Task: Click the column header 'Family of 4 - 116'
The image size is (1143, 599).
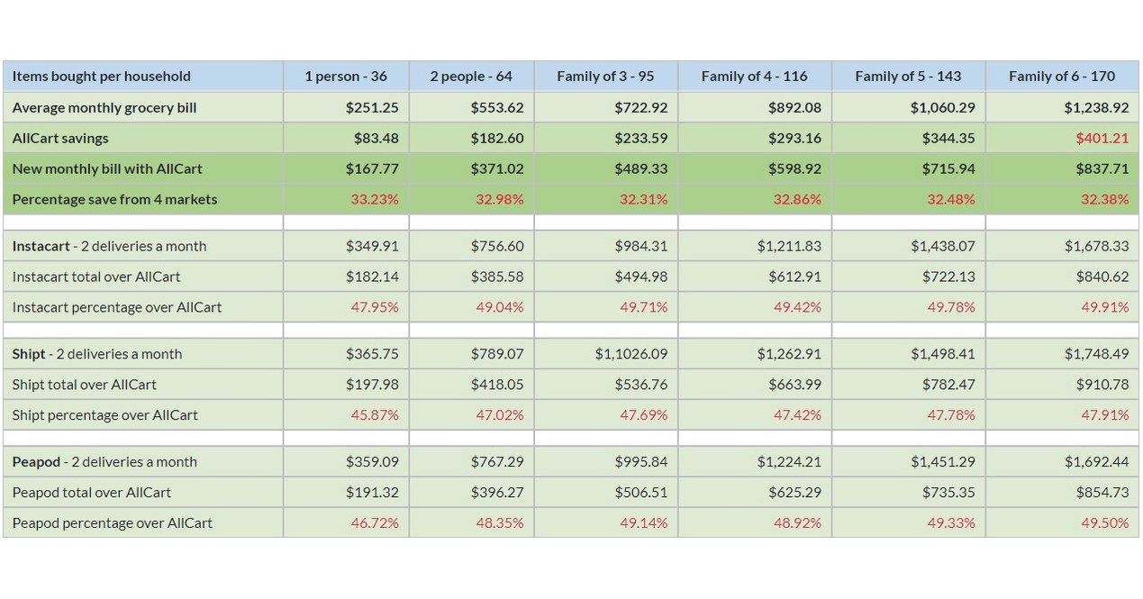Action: [x=754, y=77]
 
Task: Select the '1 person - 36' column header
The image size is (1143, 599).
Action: [x=346, y=77]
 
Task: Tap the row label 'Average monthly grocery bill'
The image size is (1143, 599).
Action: [x=104, y=108]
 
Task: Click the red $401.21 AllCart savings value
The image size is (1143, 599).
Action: [x=1102, y=139]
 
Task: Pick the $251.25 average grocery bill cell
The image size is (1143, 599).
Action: [x=372, y=108]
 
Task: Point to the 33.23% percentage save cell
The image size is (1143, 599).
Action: [x=375, y=199]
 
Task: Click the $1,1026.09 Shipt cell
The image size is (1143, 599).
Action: [x=631, y=354]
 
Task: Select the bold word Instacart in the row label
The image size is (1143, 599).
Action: [x=41, y=247]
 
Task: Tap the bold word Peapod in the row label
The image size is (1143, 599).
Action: [x=36, y=462]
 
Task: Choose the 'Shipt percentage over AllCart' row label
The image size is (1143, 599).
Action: [x=104, y=415]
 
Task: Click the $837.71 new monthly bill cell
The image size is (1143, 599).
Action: [x=1102, y=168]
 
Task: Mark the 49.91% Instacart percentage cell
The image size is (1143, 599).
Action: [x=1105, y=308]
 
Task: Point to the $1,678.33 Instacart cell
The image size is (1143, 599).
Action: [x=1096, y=247]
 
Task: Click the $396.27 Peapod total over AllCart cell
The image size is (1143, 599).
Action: [x=497, y=493]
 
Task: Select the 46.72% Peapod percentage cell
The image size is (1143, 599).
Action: [x=375, y=523]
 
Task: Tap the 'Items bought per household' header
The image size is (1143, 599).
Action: [x=102, y=77]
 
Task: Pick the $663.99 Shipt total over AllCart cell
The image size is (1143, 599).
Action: [x=795, y=385]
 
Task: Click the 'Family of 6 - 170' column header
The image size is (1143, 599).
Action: [x=1062, y=77]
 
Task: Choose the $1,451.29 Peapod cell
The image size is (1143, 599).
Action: [x=943, y=462]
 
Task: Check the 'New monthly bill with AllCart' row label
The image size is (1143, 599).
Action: [x=107, y=168]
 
